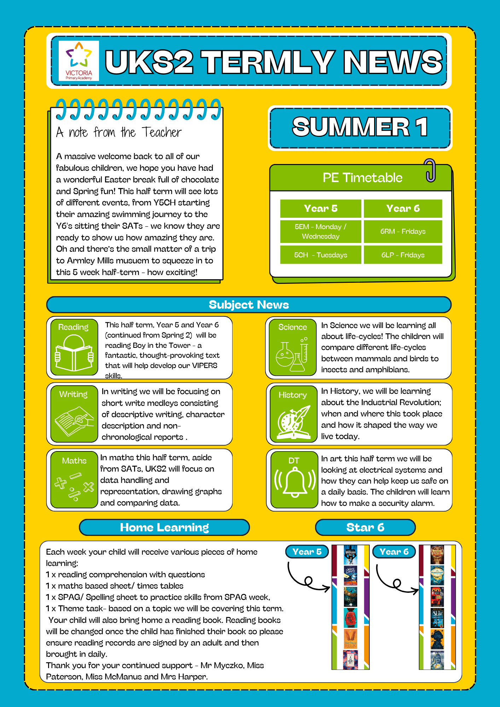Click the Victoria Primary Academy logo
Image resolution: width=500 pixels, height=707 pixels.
tap(79, 61)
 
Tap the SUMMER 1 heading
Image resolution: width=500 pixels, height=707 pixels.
tap(360, 127)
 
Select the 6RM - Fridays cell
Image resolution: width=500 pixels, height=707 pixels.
tap(403, 232)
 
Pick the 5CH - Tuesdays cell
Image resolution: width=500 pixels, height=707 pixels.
tap(320, 255)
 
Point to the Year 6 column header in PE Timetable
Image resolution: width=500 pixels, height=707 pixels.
tap(403, 209)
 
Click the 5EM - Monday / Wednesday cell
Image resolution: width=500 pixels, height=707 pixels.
tap(320, 232)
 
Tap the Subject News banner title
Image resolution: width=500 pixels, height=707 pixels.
tap(249, 305)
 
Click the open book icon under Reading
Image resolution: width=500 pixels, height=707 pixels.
tap(74, 353)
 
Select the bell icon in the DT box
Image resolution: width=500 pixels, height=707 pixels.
tap(294, 482)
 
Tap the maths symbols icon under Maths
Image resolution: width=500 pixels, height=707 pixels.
tap(74, 486)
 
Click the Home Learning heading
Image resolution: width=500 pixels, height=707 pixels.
tap(164, 527)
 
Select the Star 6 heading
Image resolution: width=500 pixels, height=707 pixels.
tap(365, 527)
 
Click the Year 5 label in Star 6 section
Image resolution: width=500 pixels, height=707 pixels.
tap(307, 552)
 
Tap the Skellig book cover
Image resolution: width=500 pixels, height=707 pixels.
tap(350, 638)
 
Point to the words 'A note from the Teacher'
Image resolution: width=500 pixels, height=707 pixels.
tap(119, 133)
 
